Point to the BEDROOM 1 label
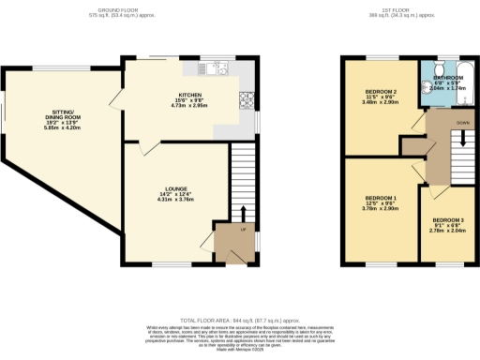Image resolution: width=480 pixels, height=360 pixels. (x=381, y=199)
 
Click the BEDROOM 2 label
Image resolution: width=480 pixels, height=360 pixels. (x=381, y=91)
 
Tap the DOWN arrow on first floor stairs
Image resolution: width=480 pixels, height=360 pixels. (x=460, y=141)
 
